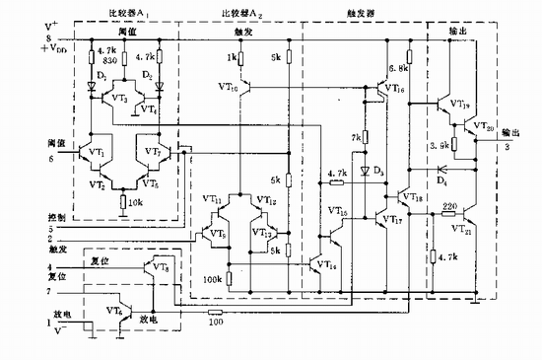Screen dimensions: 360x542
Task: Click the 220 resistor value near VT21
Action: pyautogui.click(x=448, y=209)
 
